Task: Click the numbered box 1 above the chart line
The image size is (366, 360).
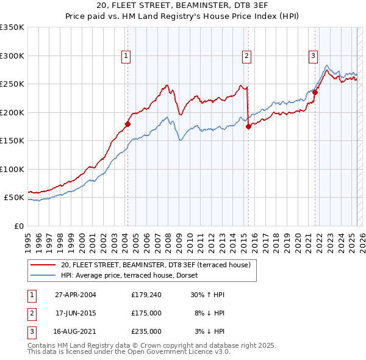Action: coord(126,56)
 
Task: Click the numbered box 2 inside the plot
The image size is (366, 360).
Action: coord(247,56)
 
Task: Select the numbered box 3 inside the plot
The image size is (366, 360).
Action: coord(313,56)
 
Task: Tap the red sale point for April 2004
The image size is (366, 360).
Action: coord(127,124)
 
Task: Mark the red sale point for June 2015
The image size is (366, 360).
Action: coord(248,126)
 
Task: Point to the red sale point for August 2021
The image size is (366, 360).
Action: coord(315,93)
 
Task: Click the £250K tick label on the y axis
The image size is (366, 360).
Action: coord(12,84)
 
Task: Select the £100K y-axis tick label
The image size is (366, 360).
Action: coord(12,169)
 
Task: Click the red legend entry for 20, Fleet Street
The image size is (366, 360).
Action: coord(159,264)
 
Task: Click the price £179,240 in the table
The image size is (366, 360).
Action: coord(146,294)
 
